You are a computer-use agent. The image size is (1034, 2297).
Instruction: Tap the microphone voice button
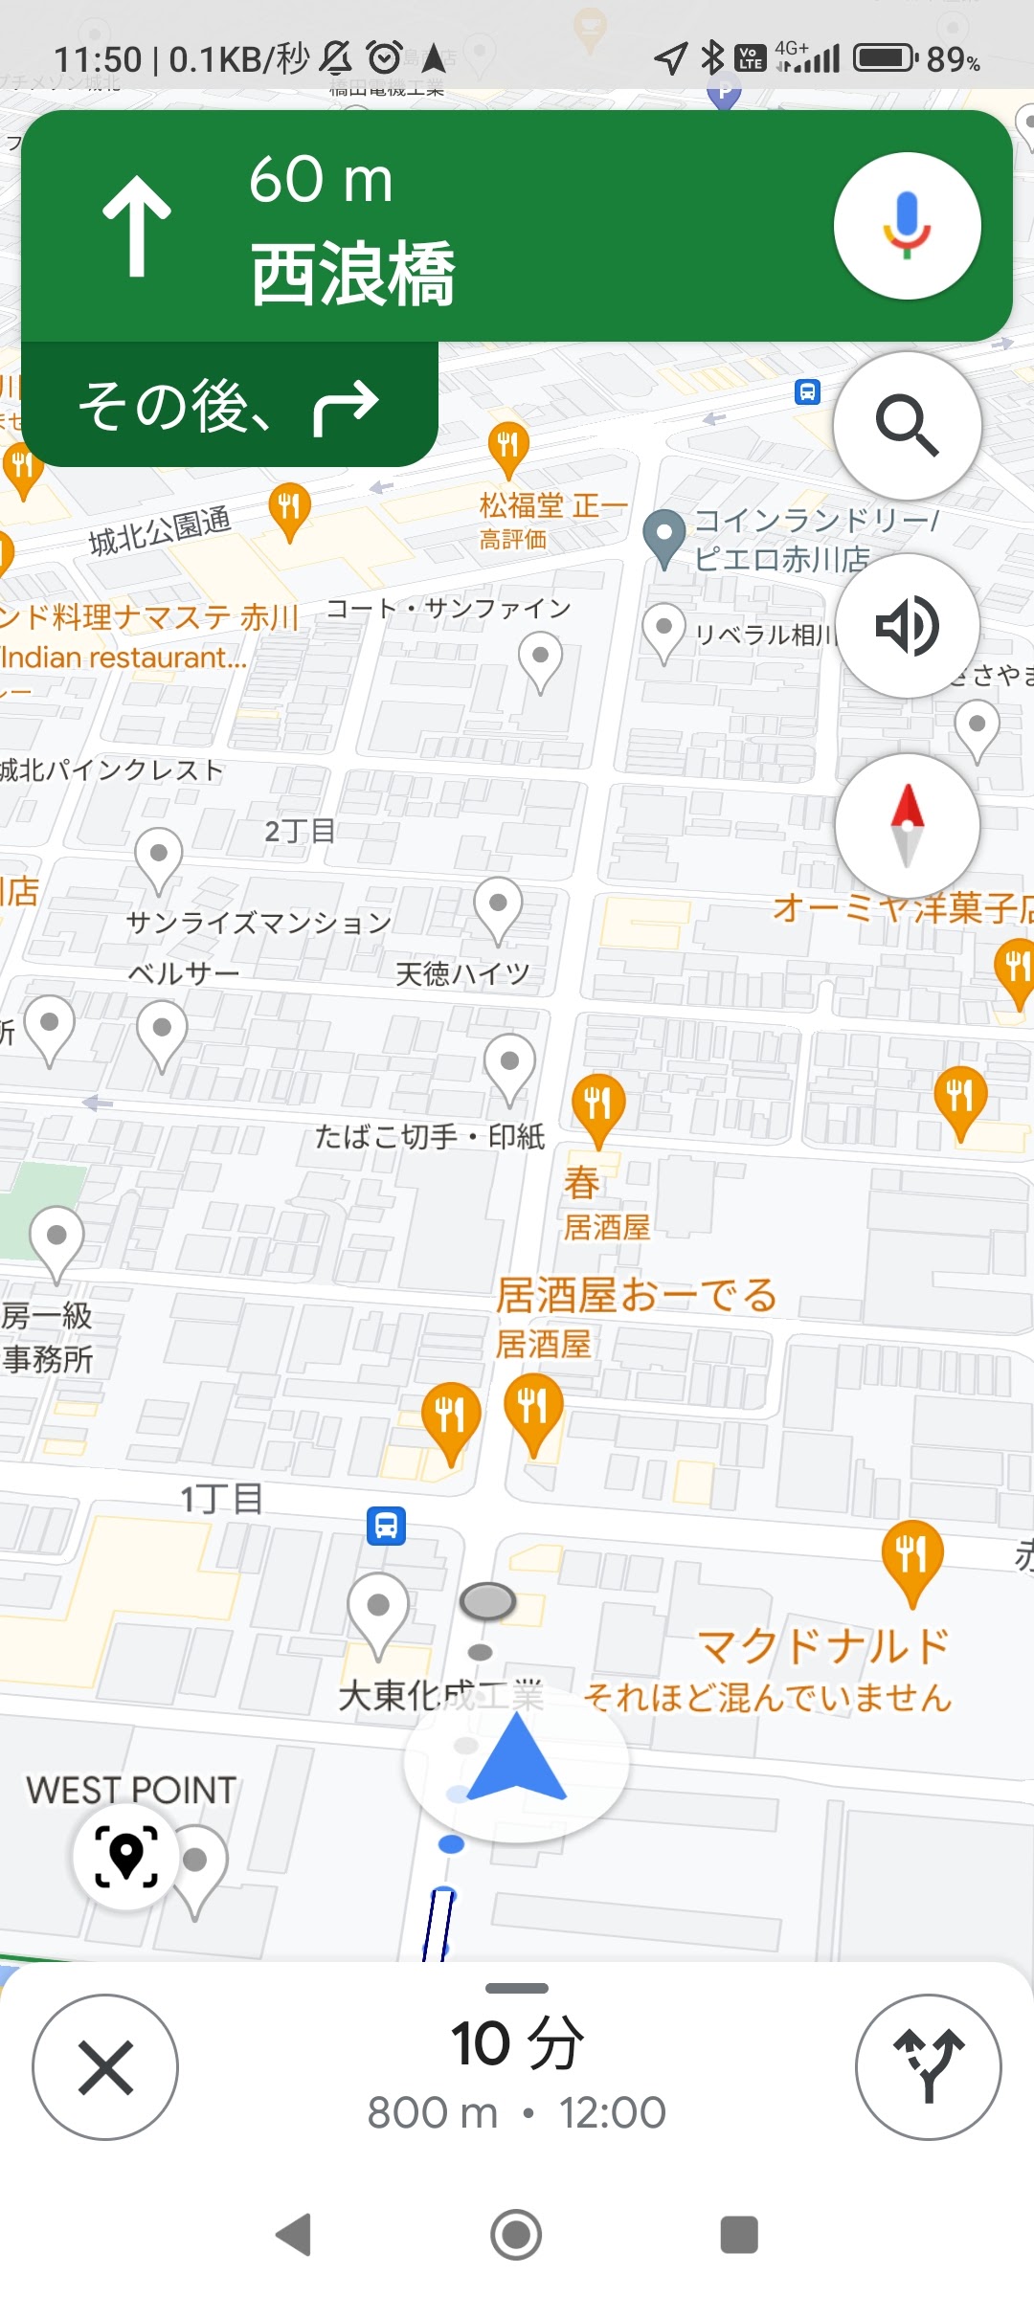(x=907, y=226)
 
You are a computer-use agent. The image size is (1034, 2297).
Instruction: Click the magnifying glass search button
(x=907, y=425)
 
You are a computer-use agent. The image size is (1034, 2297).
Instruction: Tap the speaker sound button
(x=907, y=626)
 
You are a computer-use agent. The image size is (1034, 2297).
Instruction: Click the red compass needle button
(x=907, y=825)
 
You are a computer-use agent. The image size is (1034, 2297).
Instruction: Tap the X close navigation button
(x=105, y=2067)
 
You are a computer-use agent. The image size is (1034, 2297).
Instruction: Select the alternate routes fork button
(x=928, y=2067)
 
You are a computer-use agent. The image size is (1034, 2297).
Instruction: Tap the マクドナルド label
(x=823, y=1646)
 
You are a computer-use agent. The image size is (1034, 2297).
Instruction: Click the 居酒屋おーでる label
(x=636, y=1296)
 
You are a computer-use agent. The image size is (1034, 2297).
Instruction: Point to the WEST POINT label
(x=131, y=1790)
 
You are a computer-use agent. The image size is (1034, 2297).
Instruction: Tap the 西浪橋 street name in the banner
(x=352, y=274)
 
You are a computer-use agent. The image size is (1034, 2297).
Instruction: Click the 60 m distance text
(x=321, y=179)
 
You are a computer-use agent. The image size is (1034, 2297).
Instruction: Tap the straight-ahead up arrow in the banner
(x=137, y=226)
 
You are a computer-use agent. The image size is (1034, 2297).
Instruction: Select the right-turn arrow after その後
(x=346, y=406)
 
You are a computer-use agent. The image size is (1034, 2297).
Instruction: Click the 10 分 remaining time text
(x=517, y=2043)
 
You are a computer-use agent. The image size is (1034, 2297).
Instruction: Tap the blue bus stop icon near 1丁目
(x=386, y=1526)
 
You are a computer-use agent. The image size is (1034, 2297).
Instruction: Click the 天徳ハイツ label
(x=462, y=974)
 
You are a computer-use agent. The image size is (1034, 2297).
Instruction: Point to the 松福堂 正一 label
(x=553, y=504)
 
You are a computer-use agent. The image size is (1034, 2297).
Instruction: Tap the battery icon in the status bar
(x=885, y=58)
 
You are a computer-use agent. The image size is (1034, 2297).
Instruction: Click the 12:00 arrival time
(x=612, y=2113)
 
